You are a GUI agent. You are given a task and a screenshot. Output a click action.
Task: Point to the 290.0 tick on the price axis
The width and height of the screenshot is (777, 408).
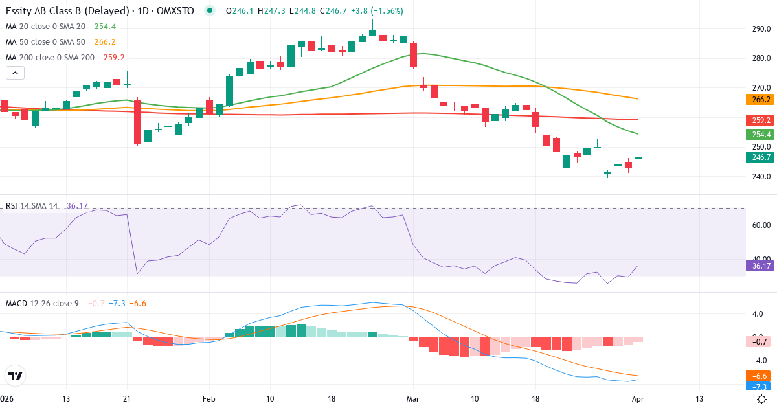tap(760, 29)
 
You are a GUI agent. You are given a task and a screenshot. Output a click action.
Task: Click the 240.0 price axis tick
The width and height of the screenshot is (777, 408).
tap(760, 177)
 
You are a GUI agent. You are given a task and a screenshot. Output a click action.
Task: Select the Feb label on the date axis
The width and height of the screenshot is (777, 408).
tap(208, 398)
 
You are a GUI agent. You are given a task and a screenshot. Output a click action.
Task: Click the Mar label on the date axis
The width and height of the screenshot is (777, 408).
tap(413, 398)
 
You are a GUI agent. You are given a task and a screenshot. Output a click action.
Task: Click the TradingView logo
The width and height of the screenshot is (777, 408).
tap(15, 376)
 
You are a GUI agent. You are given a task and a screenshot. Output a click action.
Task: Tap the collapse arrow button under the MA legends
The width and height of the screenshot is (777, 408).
tap(15, 73)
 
